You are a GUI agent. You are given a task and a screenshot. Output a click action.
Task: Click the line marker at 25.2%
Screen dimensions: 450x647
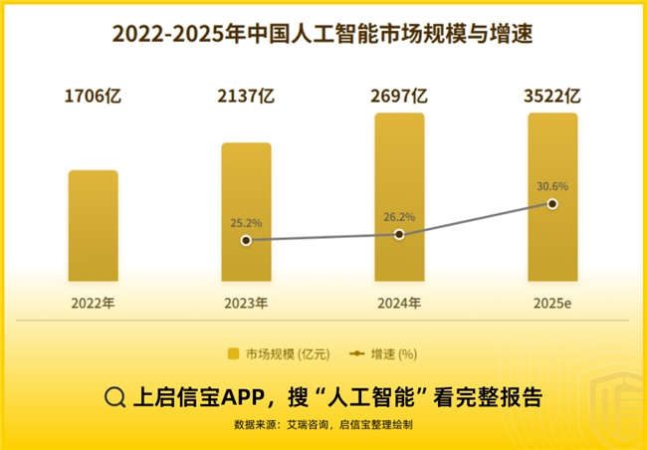[246, 240]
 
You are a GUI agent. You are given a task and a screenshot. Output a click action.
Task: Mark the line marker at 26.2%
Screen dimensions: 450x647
[399, 234]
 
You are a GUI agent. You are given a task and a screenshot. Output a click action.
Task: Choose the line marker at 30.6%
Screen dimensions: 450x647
[552, 204]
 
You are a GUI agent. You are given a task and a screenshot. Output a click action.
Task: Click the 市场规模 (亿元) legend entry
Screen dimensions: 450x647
[275, 353]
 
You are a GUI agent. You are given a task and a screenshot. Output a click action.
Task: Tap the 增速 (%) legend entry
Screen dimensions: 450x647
[382, 353]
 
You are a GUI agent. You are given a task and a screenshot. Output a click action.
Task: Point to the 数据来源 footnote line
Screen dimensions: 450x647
[323, 425]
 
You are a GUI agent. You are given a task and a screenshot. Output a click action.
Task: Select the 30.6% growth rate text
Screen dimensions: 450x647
[551, 186]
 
